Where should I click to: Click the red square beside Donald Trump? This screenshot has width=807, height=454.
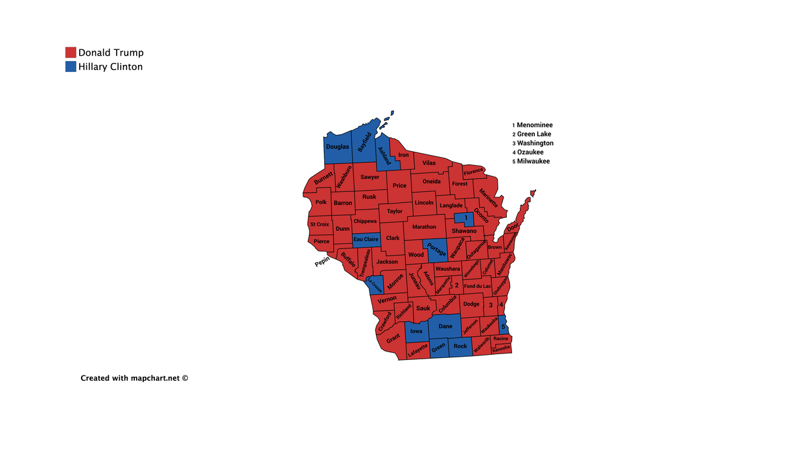71,53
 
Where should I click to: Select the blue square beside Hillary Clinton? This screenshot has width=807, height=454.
71,67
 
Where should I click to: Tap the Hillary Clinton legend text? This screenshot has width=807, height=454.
110,67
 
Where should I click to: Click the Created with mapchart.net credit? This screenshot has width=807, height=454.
134,377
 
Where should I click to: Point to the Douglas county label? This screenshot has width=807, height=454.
337,147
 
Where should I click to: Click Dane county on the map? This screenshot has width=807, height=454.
445,326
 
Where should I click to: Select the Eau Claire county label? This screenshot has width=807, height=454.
366,239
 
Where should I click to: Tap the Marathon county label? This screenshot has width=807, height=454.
424,227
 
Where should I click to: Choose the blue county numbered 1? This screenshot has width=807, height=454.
465,218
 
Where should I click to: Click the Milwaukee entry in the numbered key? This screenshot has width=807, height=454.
533,161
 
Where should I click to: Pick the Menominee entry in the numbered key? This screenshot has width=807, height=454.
535,125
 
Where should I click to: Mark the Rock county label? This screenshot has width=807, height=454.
460,346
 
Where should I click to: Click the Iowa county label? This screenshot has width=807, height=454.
416,331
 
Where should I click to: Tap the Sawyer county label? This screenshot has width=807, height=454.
370,177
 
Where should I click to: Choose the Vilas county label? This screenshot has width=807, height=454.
429,163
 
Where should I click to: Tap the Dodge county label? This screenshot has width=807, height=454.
471,304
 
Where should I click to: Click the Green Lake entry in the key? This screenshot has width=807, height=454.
534,134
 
